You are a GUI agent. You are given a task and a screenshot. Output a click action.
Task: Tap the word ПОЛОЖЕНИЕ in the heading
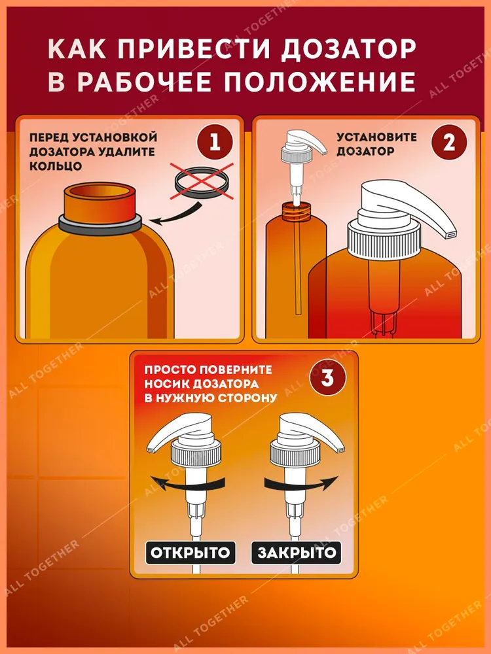(319, 81)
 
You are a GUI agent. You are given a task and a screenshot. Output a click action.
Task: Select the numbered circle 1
(215, 142)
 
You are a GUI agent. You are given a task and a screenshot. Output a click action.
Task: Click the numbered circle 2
(449, 142)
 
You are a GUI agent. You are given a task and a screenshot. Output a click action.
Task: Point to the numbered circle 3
(327, 378)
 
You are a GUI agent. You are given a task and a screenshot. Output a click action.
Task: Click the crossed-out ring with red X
(202, 181)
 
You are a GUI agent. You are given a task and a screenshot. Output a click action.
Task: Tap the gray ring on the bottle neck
(100, 225)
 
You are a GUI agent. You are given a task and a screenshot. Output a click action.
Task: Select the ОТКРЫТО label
(191, 553)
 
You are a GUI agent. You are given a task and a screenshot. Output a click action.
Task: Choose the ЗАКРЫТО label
(297, 553)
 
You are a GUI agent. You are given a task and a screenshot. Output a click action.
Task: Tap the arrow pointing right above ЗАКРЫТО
(300, 484)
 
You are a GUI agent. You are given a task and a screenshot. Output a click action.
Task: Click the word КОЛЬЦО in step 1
(56, 165)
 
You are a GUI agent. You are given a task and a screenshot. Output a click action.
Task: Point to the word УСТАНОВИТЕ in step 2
(376, 137)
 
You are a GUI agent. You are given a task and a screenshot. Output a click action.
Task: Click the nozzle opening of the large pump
(451, 235)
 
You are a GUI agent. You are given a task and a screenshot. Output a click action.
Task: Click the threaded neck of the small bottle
(297, 211)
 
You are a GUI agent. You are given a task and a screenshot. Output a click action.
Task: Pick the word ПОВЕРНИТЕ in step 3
(236, 370)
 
